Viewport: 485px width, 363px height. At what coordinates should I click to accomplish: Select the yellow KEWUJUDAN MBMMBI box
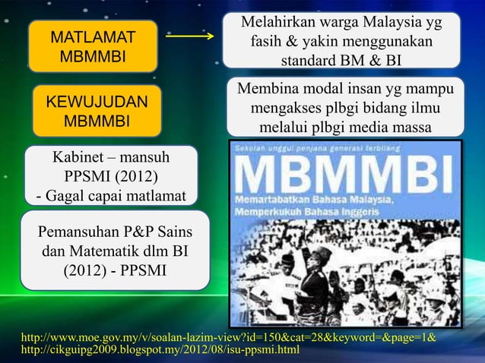[x=97, y=112]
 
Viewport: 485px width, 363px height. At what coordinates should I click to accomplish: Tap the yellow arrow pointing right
[x=189, y=36]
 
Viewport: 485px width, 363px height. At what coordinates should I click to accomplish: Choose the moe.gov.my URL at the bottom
[x=229, y=336]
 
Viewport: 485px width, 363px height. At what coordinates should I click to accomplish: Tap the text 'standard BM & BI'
[x=341, y=60]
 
